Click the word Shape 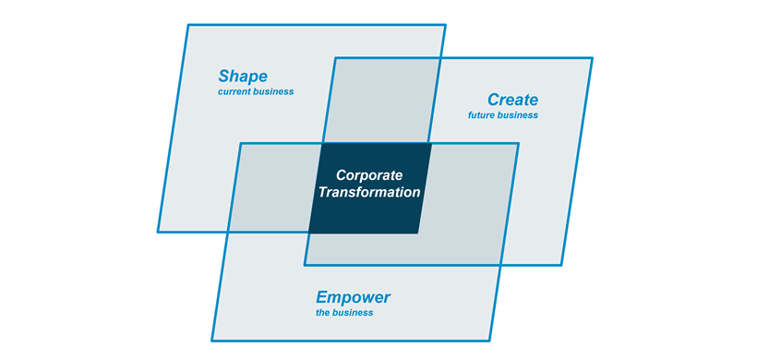point(243,76)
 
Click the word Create point(512,100)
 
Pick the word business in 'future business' point(519,115)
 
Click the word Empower point(354,297)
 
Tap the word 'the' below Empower point(324,313)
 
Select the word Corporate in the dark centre point(370,174)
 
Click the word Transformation point(369,193)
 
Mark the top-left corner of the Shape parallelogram point(187,24)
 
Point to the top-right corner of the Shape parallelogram point(446,25)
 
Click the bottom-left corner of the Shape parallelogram point(158,231)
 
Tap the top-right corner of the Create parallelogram point(592,58)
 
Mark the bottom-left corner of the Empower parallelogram point(211,342)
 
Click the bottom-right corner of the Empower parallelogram point(489,341)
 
